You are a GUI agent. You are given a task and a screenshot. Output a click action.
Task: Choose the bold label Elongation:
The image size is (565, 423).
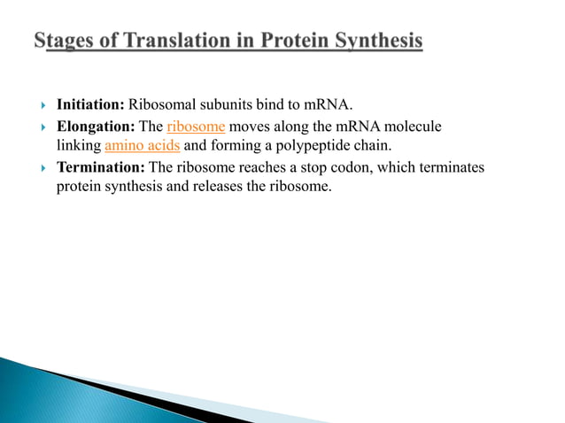pyautogui.click(x=96, y=127)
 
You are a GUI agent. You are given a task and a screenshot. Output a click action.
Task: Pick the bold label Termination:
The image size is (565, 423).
pyautogui.click(x=100, y=167)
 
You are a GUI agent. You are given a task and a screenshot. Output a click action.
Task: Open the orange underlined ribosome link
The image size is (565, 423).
pyautogui.click(x=196, y=127)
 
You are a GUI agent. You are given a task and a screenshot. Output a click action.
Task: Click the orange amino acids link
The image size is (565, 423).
pyautogui.click(x=143, y=147)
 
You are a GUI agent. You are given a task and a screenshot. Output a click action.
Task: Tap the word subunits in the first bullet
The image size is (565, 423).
pyautogui.click(x=233, y=107)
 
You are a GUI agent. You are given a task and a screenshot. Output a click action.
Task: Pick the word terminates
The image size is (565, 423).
pyautogui.click(x=453, y=167)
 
